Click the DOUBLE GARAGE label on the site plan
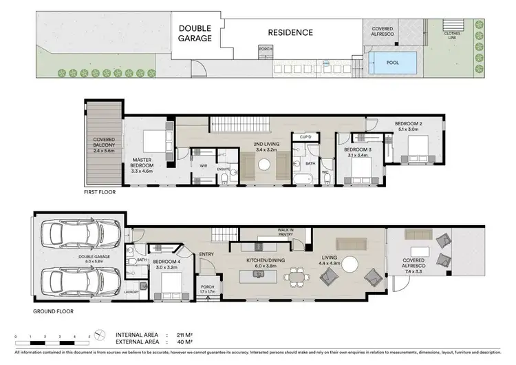(x=196, y=33)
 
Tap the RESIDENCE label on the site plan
(x=290, y=32)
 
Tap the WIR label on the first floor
(x=184, y=165)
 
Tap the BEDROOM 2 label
(x=409, y=125)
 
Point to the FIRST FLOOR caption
(x=100, y=193)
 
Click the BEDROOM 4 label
(x=166, y=261)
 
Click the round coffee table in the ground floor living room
(x=352, y=263)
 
